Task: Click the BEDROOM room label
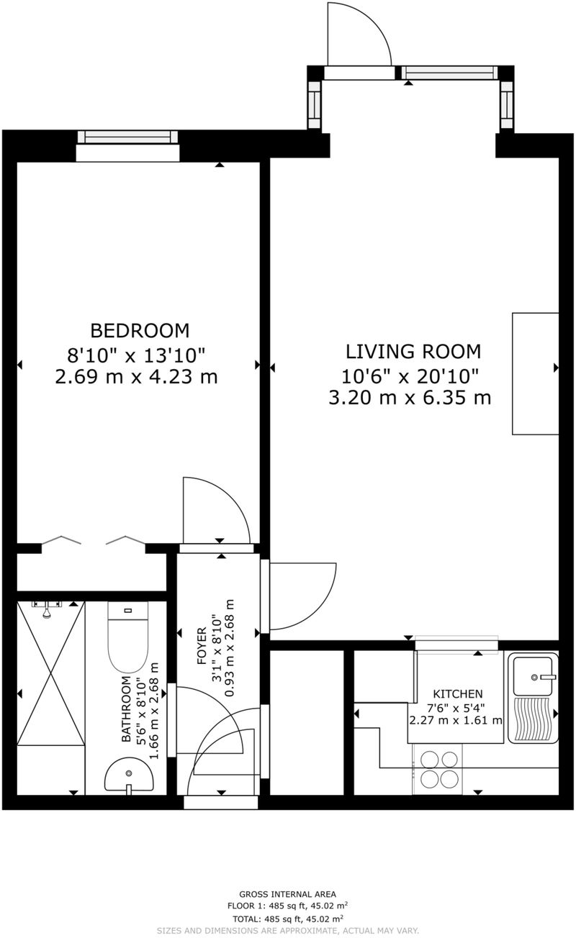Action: pos(139,330)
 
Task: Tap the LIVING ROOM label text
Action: pos(413,351)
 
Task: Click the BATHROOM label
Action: pos(126,709)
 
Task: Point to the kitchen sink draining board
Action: pos(532,719)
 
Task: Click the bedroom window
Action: pos(127,137)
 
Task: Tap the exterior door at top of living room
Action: pos(359,36)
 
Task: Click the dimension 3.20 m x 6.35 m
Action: pos(410,397)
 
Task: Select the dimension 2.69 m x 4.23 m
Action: pos(136,376)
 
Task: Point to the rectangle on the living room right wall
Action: pos(535,373)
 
